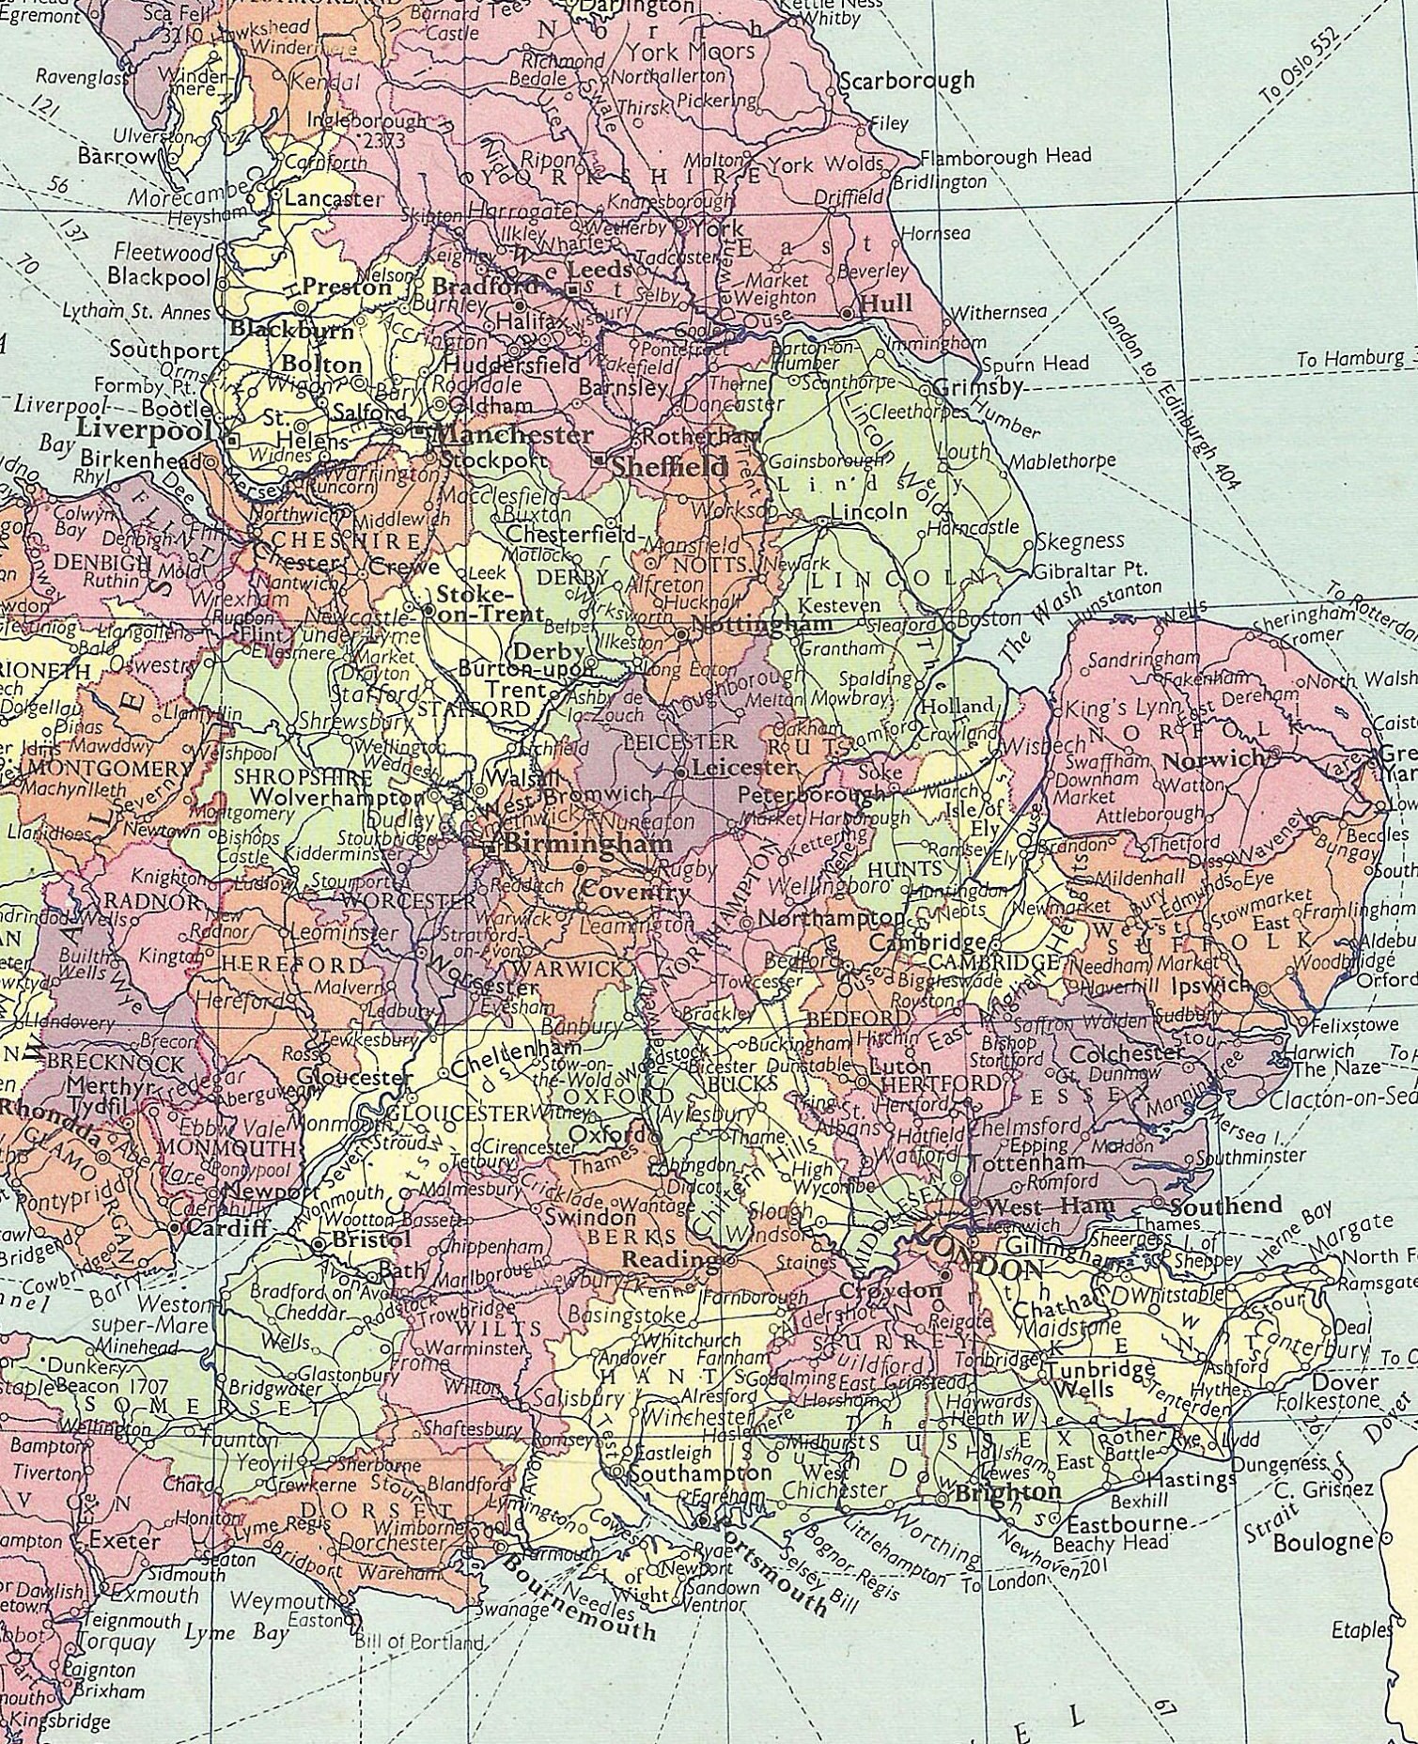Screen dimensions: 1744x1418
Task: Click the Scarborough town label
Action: point(906,81)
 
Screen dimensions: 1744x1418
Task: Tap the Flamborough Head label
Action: point(1005,155)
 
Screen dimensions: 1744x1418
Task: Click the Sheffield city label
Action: point(669,467)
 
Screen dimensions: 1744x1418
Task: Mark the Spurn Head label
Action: point(1035,364)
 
